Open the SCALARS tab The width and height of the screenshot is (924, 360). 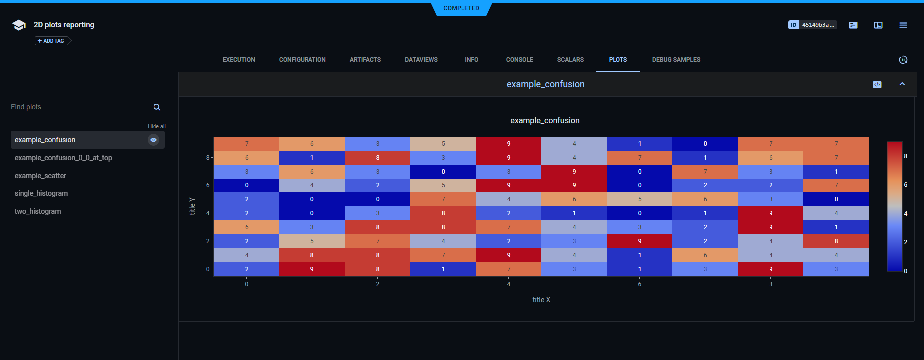570,60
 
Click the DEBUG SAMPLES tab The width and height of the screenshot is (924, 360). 676,60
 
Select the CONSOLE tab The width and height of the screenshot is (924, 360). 519,60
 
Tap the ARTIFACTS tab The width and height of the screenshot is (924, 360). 365,60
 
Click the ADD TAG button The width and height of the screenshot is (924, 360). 51,41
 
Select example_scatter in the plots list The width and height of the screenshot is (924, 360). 40,176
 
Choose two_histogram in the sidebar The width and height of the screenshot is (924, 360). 38,211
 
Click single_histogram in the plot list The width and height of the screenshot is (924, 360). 41,193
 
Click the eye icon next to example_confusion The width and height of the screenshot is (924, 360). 154,140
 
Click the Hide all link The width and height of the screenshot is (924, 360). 156,126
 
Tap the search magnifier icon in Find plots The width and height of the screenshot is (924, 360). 157,107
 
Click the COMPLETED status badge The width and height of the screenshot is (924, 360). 461,8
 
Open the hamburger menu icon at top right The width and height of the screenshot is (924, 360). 903,25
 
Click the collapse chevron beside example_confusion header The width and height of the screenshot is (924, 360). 902,84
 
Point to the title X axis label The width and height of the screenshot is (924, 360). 541,300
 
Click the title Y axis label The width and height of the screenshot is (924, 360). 192,206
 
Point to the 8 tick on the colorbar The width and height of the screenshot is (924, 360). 905,156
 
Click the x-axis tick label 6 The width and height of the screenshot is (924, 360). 639,284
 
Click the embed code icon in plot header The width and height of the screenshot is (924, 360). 877,85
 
